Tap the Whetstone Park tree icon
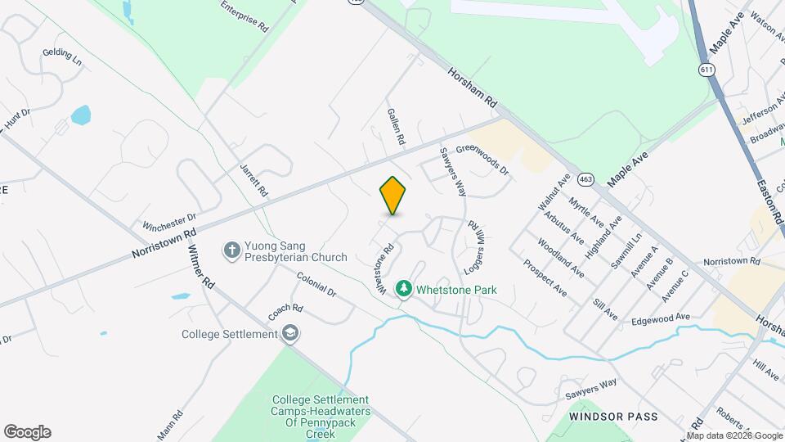click(x=403, y=289)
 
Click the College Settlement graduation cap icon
click(x=290, y=333)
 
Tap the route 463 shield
click(x=585, y=178)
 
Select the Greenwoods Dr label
click(x=482, y=160)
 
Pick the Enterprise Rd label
click(x=245, y=16)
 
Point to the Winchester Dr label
click(x=170, y=222)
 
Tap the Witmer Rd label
click(x=201, y=267)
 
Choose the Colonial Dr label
click(x=316, y=284)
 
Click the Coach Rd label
click(x=286, y=313)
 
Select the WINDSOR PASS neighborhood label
click(x=613, y=417)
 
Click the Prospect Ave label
click(x=545, y=278)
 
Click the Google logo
click(x=27, y=432)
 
